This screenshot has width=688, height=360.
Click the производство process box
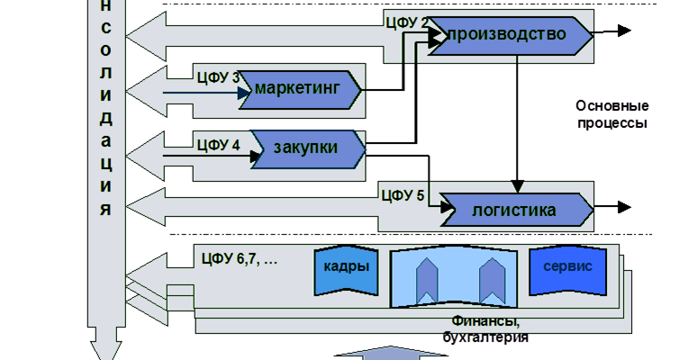[x=509, y=35]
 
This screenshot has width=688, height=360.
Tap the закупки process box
[x=307, y=148]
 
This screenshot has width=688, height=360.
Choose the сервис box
[x=567, y=267]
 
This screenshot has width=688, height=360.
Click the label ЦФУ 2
[x=405, y=21]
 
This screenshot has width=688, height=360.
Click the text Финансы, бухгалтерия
[x=485, y=328]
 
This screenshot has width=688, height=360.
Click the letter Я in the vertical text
[x=107, y=210]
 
